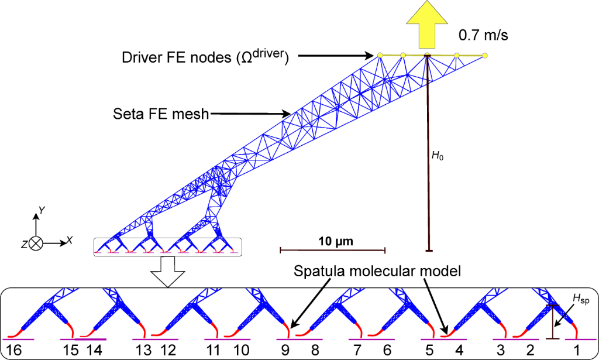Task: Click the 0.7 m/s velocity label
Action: click(x=483, y=36)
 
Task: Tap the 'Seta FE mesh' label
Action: click(x=160, y=114)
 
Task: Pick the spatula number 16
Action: click(x=13, y=350)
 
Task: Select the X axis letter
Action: click(x=69, y=240)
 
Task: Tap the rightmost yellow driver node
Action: click(x=485, y=56)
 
